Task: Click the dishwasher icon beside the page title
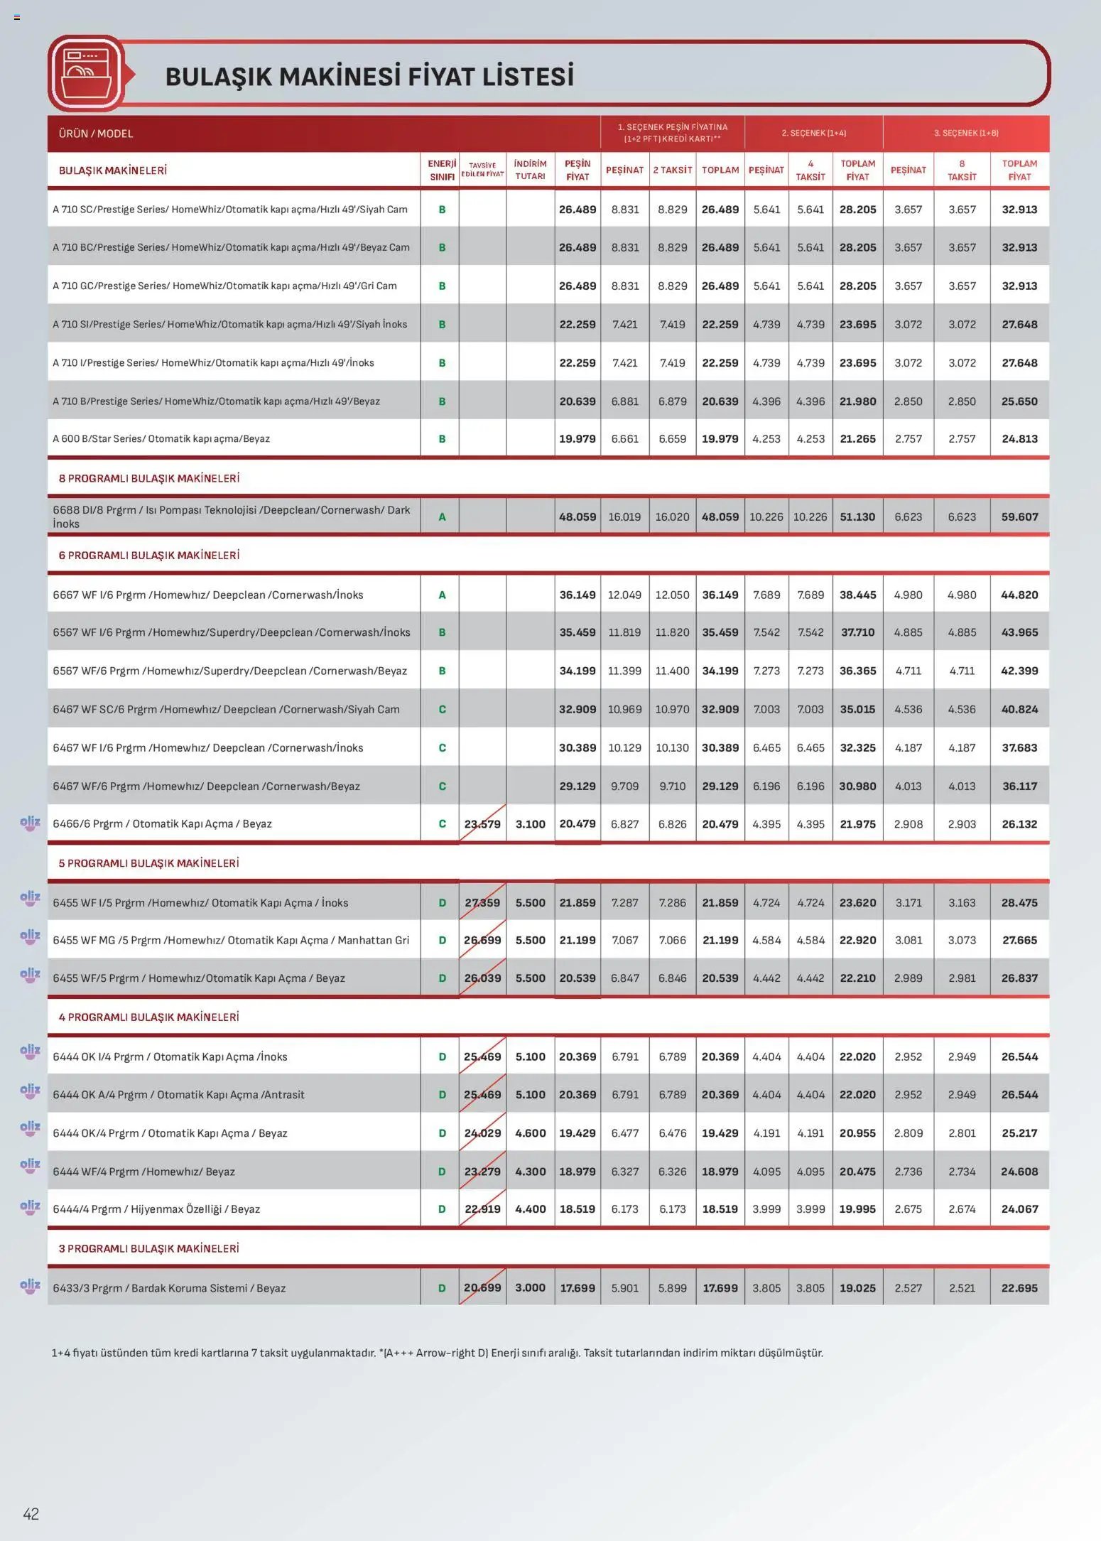tap(86, 73)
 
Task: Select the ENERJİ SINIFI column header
tap(442, 170)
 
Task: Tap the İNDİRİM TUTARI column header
tap(530, 170)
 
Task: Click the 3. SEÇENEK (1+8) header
tap(965, 133)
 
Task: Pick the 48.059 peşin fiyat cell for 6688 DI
tap(577, 517)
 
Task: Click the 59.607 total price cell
tap(1019, 517)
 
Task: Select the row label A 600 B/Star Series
tap(161, 438)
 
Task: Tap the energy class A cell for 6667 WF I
tap(442, 595)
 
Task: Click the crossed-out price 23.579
tap(482, 824)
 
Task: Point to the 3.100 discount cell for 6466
tap(530, 824)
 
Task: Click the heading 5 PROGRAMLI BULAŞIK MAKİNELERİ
tap(148, 863)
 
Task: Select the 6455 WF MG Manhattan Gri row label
tap(231, 940)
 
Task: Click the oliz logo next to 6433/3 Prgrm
tap(30, 1285)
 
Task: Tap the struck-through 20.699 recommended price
tap(482, 1287)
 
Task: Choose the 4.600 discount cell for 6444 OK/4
tap(530, 1133)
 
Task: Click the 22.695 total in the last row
tap(1019, 1287)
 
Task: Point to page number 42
tap(31, 1513)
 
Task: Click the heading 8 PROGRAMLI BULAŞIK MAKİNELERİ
tap(148, 478)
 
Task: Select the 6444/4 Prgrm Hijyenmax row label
tap(156, 1209)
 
